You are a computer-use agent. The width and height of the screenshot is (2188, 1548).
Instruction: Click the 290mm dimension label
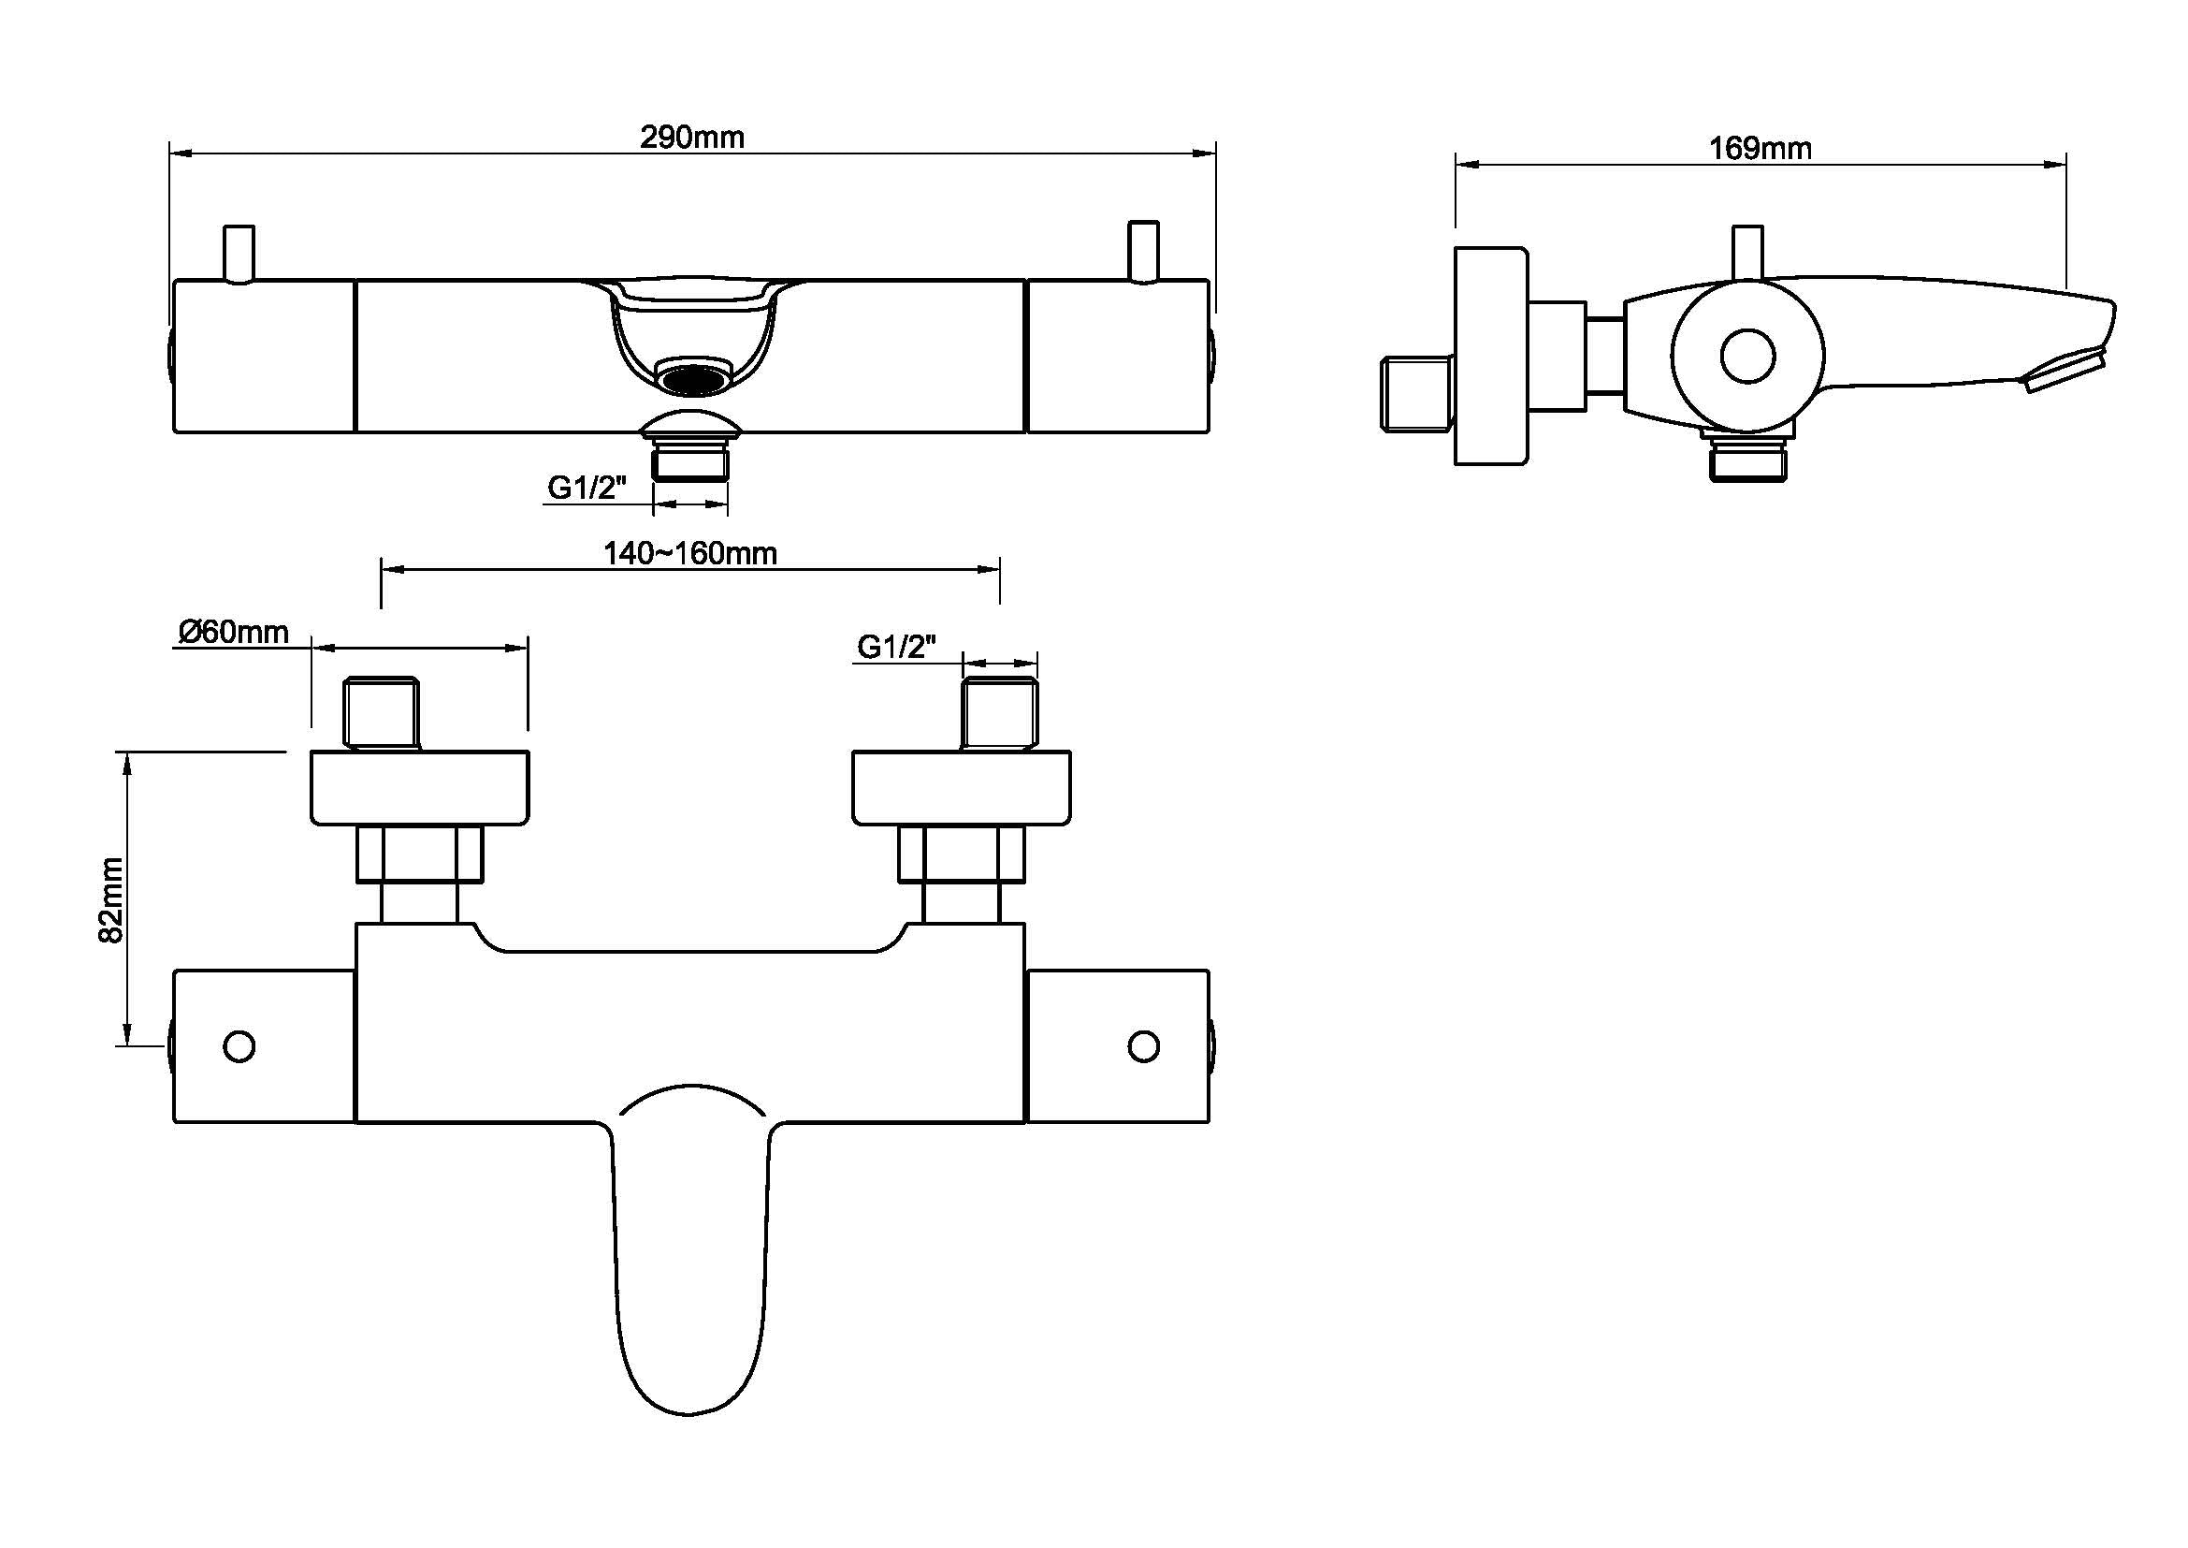(692, 138)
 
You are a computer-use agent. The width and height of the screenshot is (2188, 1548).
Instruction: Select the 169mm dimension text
(1760, 148)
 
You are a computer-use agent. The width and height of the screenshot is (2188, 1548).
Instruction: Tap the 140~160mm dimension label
(690, 553)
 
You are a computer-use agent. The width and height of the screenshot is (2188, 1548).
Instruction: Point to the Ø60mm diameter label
(234, 631)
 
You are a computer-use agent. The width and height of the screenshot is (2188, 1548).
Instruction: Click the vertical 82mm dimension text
(111, 899)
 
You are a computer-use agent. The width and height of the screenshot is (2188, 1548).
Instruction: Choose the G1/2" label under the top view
(587, 488)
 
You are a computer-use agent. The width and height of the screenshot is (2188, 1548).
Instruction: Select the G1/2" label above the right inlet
(897, 647)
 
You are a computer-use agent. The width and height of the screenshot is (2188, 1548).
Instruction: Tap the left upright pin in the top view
(239, 253)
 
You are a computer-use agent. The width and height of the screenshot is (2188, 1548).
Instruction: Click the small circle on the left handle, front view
(239, 1045)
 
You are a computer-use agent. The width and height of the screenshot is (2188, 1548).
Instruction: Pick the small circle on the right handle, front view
(1143, 1045)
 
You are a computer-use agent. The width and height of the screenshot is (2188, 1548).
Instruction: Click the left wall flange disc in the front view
(419, 787)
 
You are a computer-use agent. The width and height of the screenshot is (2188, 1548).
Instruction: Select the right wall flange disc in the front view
(961, 787)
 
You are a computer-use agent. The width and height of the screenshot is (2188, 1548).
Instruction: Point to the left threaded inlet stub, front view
(381, 713)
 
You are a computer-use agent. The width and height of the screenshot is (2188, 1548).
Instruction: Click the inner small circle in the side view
(1746, 357)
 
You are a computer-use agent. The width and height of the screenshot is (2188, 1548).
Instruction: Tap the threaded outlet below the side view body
(1747, 460)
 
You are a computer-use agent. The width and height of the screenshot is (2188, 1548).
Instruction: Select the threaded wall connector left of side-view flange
(1417, 391)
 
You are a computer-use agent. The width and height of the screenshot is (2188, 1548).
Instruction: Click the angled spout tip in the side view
(2066, 372)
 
